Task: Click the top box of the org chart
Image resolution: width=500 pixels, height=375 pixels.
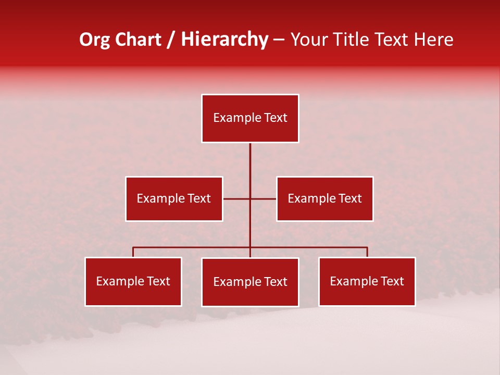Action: (x=250, y=118)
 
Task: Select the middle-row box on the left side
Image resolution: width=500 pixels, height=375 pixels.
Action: (x=174, y=198)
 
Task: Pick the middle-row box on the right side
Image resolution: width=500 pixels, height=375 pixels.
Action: (x=324, y=198)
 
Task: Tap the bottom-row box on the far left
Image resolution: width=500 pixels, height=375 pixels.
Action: (x=133, y=281)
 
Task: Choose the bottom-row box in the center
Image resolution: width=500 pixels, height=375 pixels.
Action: (x=250, y=282)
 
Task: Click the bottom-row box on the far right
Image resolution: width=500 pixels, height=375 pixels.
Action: (x=367, y=281)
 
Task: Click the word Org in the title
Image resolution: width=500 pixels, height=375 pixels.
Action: (x=95, y=40)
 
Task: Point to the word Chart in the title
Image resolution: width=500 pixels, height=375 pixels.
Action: (x=138, y=40)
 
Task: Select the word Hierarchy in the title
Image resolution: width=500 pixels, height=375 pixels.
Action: (x=224, y=40)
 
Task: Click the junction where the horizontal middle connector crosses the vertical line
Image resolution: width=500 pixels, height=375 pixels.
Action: (x=250, y=198)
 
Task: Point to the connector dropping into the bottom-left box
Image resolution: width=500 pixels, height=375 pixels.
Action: (x=133, y=252)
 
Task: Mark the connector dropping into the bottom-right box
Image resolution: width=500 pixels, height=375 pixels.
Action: (x=367, y=252)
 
